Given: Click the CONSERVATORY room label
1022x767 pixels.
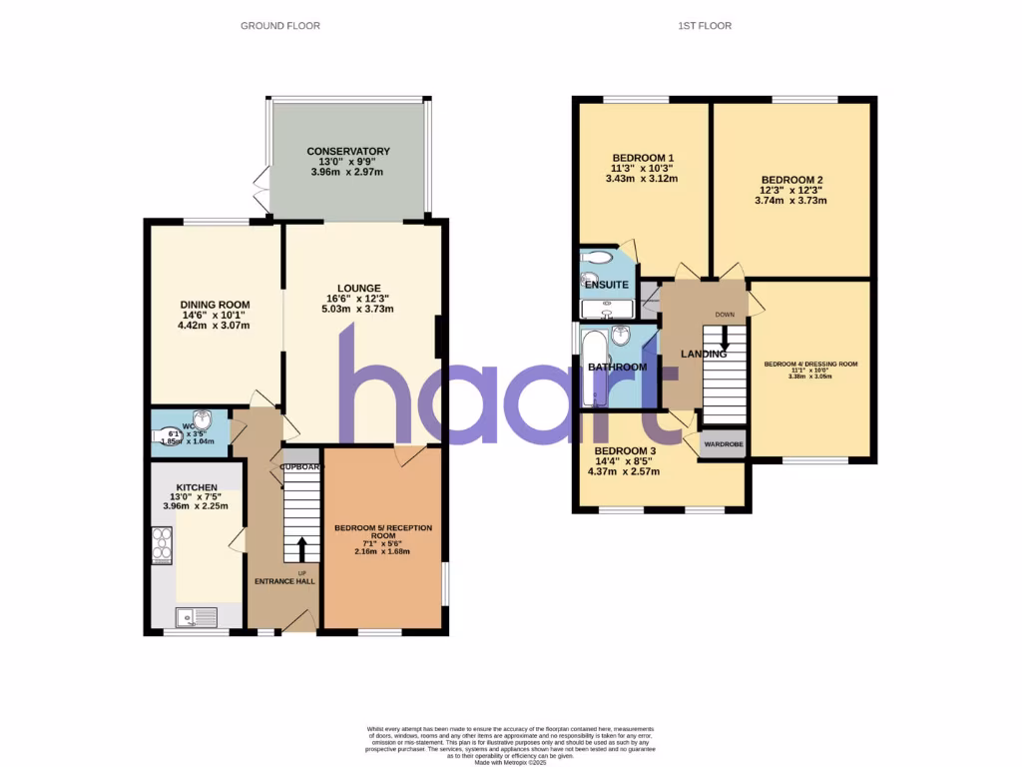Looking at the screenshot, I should tap(348, 152).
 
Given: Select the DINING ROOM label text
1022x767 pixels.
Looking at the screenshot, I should tap(215, 305).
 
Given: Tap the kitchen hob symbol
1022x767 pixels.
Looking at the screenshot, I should tap(162, 546).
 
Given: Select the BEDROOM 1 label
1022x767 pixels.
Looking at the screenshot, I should tap(643, 158).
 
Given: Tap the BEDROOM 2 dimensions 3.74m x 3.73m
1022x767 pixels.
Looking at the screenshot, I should tap(790, 201).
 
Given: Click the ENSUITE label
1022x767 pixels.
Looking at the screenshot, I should tap(607, 285).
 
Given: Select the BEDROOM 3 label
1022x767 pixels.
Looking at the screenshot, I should tap(625, 450).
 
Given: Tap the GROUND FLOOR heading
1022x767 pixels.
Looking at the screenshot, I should tap(280, 26).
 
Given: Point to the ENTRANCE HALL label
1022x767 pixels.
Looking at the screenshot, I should tap(284, 581).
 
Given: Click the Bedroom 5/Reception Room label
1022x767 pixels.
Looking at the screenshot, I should tap(383, 531).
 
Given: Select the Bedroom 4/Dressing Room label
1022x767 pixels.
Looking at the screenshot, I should tap(810, 365).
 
